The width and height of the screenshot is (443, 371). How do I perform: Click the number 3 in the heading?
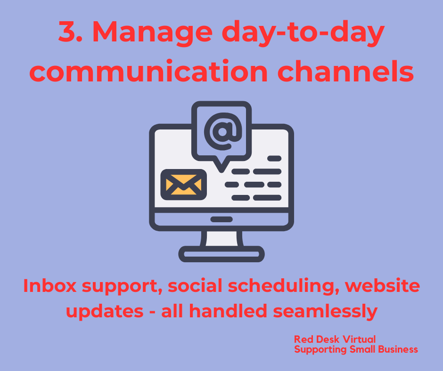(x=68, y=32)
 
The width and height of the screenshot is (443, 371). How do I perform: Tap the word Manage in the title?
(x=152, y=33)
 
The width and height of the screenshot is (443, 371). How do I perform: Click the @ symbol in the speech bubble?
(x=223, y=131)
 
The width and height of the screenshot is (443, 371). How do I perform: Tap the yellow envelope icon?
(x=184, y=185)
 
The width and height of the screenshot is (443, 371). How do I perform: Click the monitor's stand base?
(x=221, y=254)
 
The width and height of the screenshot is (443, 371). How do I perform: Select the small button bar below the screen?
(x=221, y=219)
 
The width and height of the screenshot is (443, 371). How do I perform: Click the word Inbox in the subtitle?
(x=50, y=285)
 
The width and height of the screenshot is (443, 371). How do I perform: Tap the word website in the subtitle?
(x=383, y=285)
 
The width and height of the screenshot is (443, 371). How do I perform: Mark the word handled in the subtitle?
(x=228, y=311)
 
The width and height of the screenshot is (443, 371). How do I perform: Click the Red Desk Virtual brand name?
(x=335, y=339)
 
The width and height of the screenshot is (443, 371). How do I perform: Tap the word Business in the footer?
(x=398, y=349)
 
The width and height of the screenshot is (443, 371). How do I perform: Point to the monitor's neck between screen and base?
(x=221, y=238)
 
